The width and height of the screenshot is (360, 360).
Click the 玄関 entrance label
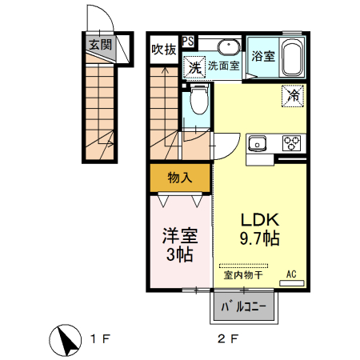(x=101, y=45)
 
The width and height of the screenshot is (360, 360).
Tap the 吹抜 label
(x=164, y=50)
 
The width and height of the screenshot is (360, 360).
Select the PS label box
(x=187, y=41)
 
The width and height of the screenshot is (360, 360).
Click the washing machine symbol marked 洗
(x=194, y=68)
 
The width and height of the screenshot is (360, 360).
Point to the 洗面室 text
(x=224, y=66)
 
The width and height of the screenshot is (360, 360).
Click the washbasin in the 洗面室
(x=228, y=46)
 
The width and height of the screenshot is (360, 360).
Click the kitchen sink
(x=258, y=144)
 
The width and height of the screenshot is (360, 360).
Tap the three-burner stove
(x=290, y=144)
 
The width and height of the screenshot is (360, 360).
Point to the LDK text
(x=258, y=218)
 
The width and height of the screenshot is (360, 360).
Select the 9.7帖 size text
(x=258, y=238)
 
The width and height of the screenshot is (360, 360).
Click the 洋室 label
(x=180, y=238)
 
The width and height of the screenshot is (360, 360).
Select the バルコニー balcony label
(x=244, y=306)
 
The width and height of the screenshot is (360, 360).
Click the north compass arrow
(x=68, y=340)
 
